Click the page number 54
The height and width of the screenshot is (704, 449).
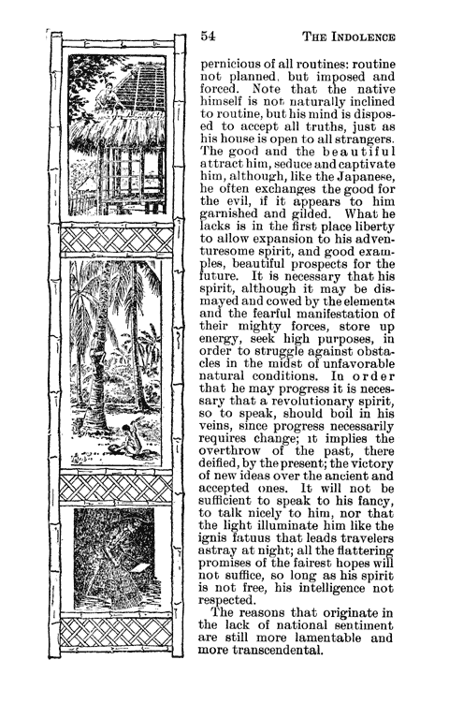[x=209, y=37]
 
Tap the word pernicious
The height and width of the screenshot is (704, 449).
[x=238, y=68]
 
